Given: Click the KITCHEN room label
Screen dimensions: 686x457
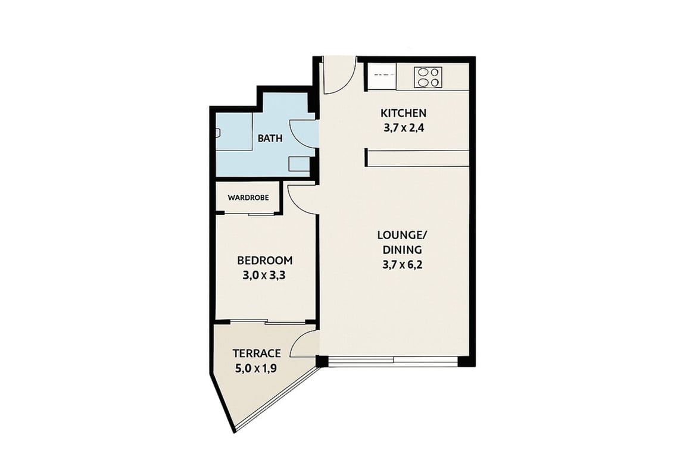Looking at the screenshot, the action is [403, 113].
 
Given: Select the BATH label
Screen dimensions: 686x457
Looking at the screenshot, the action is [270, 139].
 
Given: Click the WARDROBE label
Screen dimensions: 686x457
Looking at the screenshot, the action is [248, 198].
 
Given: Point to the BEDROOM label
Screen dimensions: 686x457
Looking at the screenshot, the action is [264, 261].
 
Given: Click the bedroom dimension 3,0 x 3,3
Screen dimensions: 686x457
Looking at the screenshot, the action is [264, 276].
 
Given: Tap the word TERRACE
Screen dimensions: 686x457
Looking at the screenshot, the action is [257, 353].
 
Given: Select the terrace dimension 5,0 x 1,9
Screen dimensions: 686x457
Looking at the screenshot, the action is [256, 369].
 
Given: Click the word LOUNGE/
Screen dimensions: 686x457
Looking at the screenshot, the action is [402, 235].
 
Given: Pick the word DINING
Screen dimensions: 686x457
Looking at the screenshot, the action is [403, 250].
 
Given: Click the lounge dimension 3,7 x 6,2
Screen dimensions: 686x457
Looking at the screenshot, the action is [403, 265].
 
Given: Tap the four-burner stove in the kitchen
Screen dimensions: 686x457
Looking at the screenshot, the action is [428, 77].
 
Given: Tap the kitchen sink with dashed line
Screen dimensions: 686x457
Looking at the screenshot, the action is [381, 76].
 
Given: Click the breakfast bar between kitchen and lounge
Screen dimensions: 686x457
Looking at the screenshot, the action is [417, 158].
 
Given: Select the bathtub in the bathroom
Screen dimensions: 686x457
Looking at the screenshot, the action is [235, 132].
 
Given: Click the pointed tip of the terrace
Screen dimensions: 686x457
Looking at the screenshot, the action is [235, 432].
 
